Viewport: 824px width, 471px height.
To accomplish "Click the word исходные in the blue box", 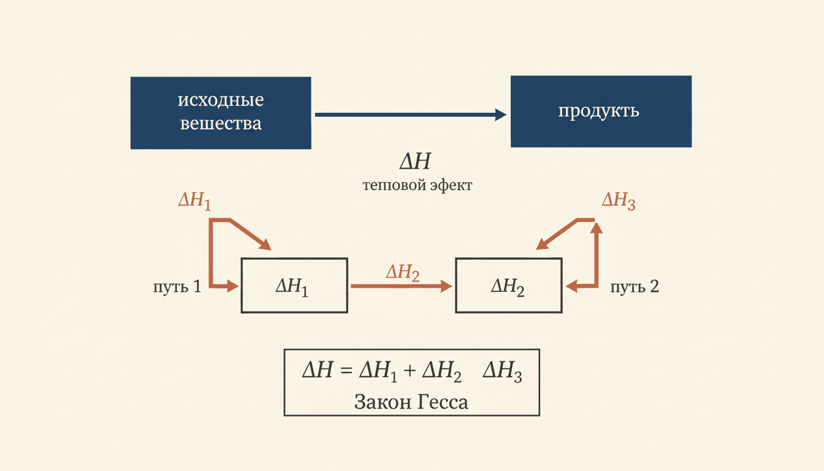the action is [221, 100].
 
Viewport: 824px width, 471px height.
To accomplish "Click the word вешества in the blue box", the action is [221, 123].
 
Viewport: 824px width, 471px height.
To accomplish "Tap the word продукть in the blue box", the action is [599, 111].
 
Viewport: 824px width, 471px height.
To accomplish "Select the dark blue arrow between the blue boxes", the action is [411, 115].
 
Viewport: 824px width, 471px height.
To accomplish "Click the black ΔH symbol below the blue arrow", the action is [415, 161].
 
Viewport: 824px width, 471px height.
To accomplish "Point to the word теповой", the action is [394, 185].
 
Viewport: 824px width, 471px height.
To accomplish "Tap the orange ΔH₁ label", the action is [194, 201].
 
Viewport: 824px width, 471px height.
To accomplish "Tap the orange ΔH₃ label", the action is [619, 201].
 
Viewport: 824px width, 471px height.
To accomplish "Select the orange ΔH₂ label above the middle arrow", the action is [403, 273].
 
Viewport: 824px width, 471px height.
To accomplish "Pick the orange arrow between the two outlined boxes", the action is [402, 286].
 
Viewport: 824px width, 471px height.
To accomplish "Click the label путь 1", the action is [177, 286].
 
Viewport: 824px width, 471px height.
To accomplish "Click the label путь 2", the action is [635, 286].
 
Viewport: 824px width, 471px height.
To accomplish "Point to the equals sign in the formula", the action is [346, 370].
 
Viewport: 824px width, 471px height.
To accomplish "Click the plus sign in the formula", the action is [410, 370].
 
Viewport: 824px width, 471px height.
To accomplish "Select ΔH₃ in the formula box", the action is [502, 372].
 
